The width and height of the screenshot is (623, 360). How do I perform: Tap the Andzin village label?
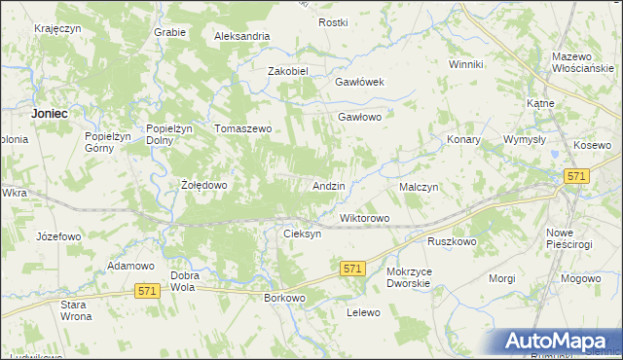pyautogui.click(x=329, y=185)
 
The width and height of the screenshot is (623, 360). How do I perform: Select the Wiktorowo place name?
pyautogui.click(x=364, y=218)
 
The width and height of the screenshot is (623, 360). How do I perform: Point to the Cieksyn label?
pyautogui.click(x=302, y=234)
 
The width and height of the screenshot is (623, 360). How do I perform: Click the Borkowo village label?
pyautogui.click(x=285, y=298)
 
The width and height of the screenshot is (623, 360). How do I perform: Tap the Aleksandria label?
pyautogui.click(x=241, y=36)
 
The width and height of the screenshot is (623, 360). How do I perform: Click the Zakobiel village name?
pyautogui.click(x=288, y=71)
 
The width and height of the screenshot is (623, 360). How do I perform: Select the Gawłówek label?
pyautogui.click(x=360, y=83)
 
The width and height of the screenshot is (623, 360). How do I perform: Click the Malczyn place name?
pyautogui.click(x=420, y=186)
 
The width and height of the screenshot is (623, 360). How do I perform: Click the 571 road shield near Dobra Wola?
pyautogui.click(x=147, y=291)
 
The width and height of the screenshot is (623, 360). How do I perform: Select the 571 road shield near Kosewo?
pyautogui.click(x=577, y=175)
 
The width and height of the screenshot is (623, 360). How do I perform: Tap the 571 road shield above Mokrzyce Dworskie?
pyautogui.click(x=352, y=268)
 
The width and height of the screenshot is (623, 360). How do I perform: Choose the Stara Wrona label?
pyautogui.click(x=76, y=310)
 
